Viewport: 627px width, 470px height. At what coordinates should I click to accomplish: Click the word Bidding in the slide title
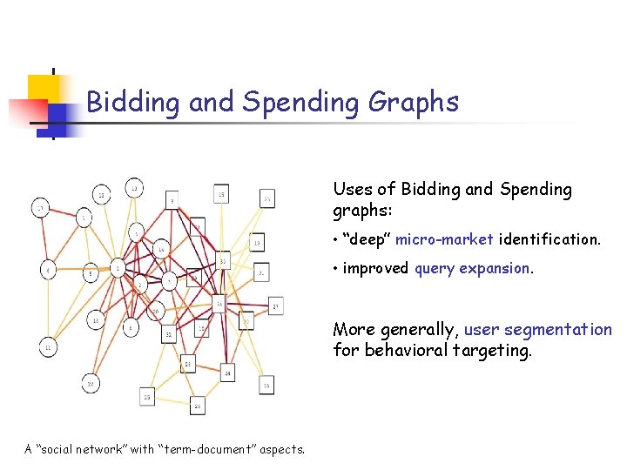(134, 103)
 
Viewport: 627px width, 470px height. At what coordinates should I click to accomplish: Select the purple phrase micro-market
(445, 238)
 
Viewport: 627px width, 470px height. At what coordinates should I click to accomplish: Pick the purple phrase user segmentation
(537, 330)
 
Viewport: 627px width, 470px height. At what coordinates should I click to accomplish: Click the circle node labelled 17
(41, 208)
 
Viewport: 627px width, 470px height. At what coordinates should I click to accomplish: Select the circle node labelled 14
(161, 250)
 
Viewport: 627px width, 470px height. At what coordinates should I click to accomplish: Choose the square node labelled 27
(275, 306)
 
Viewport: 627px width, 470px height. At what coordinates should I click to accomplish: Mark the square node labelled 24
(227, 373)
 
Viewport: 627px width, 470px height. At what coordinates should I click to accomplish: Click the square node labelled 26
(198, 406)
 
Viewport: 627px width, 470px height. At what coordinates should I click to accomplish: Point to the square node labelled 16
(266, 384)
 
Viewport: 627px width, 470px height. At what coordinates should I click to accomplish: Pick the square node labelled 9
(172, 201)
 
